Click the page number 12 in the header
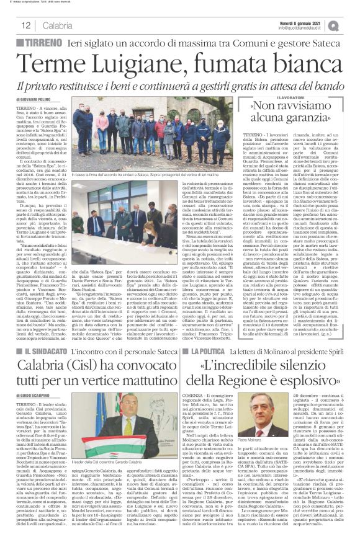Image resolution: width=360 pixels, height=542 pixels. pos(25,25)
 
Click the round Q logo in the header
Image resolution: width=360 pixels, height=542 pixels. pos(351,25)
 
